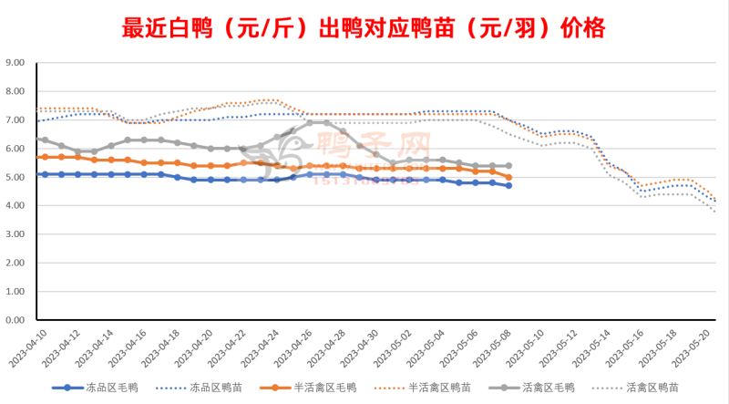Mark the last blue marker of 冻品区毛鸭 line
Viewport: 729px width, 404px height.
[508, 185]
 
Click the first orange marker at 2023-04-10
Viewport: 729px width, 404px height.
[45, 157]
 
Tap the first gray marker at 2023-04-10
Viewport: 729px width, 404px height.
[45, 140]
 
